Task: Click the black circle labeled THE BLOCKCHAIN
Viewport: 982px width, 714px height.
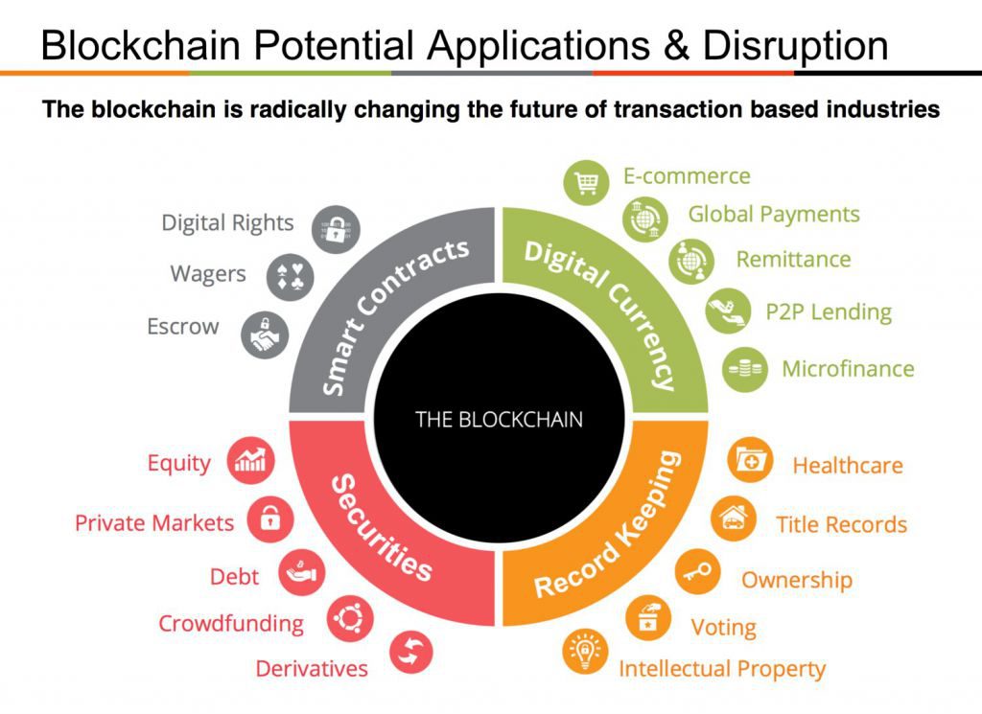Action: pos(499,418)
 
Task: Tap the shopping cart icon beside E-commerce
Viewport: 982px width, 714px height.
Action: pos(586,182)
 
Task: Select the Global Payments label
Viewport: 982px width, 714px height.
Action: pos(774,215)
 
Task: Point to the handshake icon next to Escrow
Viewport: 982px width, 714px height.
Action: pos(265,334)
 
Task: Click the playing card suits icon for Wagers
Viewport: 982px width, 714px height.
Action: pos(290,277)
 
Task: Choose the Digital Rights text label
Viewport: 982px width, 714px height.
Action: pos(227,223)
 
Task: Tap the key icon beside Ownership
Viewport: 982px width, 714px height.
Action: pos(697,572)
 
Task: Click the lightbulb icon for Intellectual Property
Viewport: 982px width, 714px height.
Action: pos(585,653)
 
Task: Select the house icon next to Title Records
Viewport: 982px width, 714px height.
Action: pos(734,518)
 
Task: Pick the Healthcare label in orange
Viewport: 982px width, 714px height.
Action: pos(848,466)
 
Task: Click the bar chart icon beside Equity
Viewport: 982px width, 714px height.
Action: pos(250,461)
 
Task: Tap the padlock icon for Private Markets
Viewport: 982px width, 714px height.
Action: pos(269,519)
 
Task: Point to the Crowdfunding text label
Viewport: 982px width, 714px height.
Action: pos(231,624)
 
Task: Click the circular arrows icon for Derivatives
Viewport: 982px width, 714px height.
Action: pos(410,652)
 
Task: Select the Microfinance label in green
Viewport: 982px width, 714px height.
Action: pos(848,369)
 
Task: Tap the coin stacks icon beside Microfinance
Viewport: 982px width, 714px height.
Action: pos(745,369)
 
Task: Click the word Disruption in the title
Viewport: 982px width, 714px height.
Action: pos(795,46)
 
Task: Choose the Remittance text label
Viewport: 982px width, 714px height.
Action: pos(793,260)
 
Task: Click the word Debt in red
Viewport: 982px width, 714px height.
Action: pos(234,577)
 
